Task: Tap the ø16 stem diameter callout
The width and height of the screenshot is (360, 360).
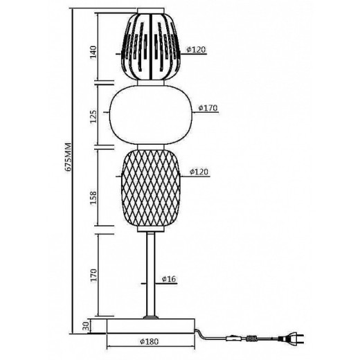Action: [169, 279]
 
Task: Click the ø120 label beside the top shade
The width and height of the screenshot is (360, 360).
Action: [198, 50]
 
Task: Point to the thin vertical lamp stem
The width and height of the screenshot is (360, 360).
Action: [150, 273]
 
